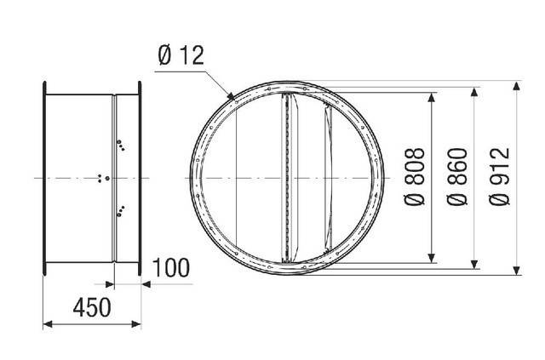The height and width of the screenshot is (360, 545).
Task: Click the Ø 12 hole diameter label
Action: tap(181, 55)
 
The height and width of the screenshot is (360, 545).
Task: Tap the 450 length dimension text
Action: tap(92, 307)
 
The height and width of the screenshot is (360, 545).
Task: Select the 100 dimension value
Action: tap(171, 268)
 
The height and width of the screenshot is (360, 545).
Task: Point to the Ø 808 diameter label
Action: tap(415, 177)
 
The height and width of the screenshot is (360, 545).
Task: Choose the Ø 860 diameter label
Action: tap(457, 177)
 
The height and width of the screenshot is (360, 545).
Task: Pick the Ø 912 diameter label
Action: tap(500, 177)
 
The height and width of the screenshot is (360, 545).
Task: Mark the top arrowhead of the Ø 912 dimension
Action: tap(517, 85)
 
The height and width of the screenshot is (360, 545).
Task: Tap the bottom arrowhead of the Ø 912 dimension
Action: tap(517, 271)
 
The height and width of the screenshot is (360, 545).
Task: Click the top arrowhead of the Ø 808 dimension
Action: tap(432, 97)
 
